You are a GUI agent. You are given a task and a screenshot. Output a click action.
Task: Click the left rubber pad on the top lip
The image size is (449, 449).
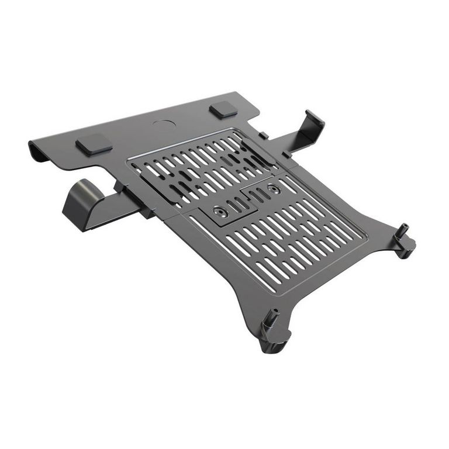pos(94,144)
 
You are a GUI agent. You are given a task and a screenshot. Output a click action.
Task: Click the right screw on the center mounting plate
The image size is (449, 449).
pos(272,188)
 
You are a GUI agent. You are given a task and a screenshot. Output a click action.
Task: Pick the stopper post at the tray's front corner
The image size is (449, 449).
pos(271,322)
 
